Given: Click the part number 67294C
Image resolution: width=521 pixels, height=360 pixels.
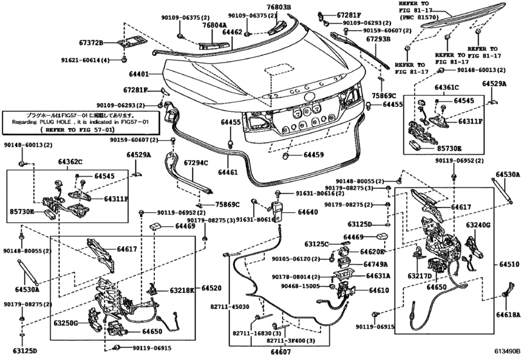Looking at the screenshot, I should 196,163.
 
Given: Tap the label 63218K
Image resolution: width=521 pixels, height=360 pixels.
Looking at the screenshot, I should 182,291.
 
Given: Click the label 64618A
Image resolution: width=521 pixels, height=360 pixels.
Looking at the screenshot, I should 507,315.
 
